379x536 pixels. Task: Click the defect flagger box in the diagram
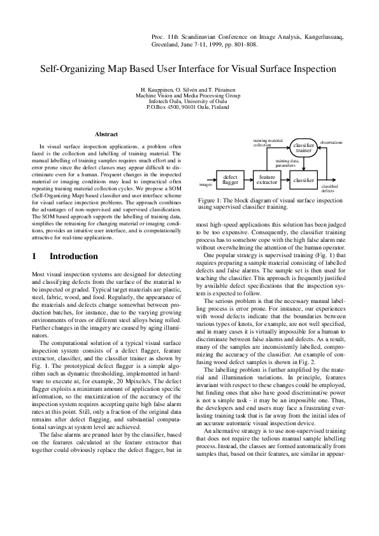pos(230,181)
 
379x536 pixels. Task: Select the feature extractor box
pos(267,181)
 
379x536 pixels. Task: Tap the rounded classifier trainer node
pos(303,148)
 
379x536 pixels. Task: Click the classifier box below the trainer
pos(303,181)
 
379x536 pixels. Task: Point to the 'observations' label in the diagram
pos(331,143)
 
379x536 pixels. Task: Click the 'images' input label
pos(206,185)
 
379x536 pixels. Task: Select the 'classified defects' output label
pos(329,188)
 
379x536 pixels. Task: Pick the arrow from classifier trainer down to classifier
pos(303,163)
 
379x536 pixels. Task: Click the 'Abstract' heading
pos(106,134)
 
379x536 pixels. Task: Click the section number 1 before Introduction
pos(34,257)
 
